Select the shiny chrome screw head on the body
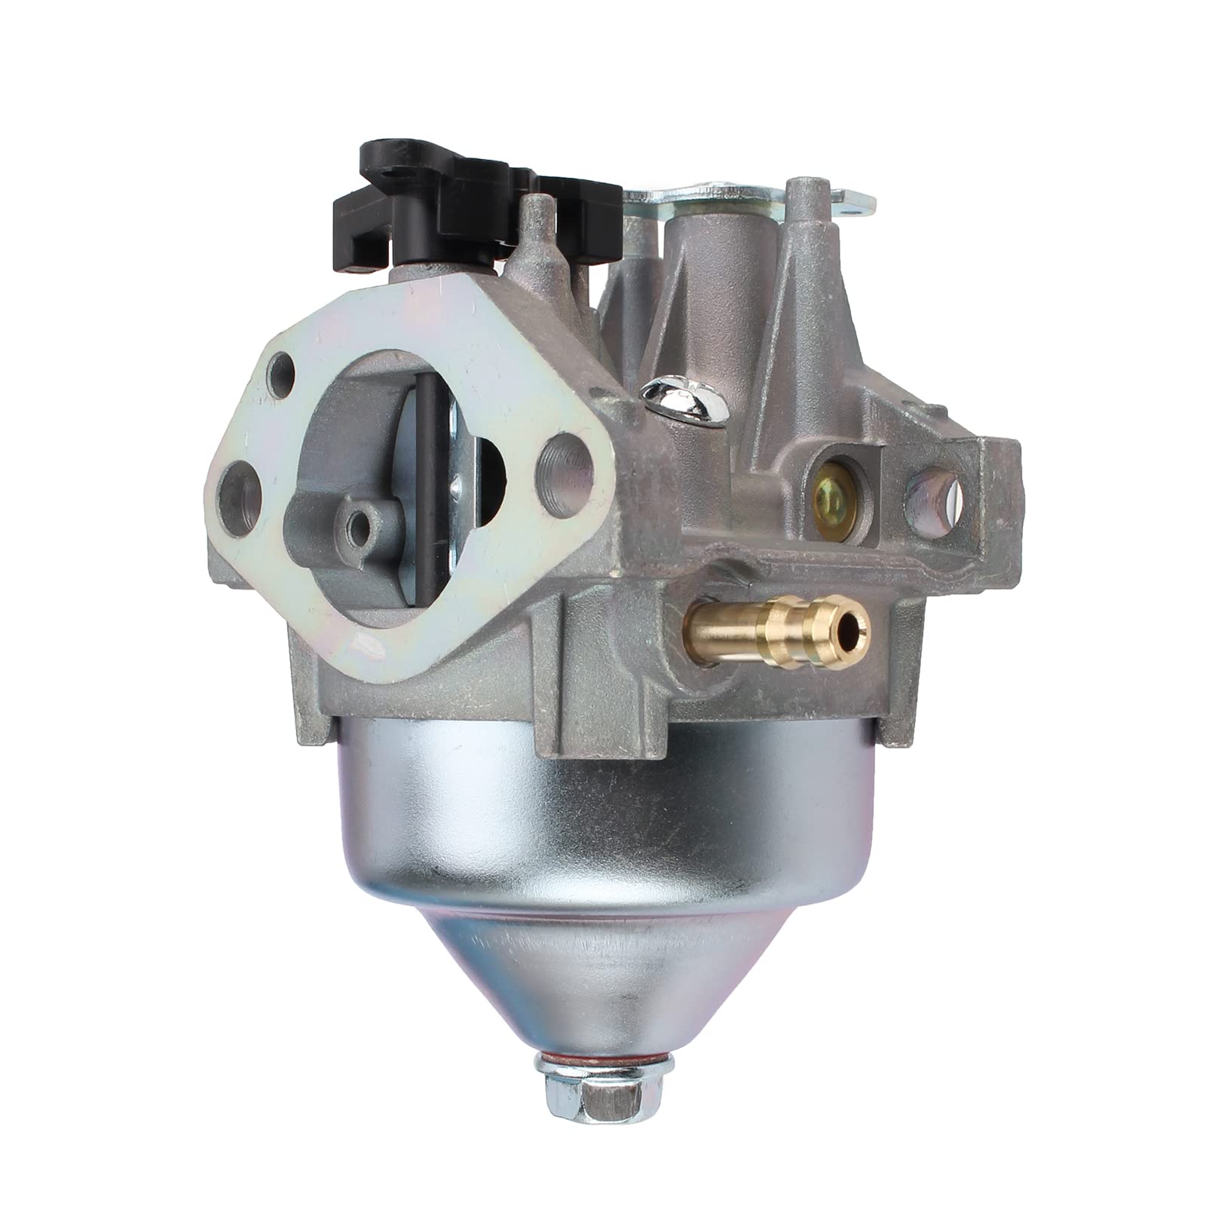(x=678, y=399)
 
